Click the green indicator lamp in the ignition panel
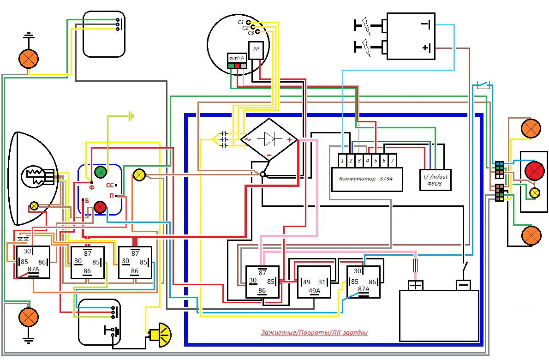tap(101, 173)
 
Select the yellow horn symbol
tap(161, 333)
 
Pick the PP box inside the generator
tap(256, 49)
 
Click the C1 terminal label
tap(240, 22)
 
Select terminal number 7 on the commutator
tap(392, 161)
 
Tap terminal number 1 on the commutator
tap(342, 161)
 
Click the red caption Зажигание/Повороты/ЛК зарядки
tap(314, 332)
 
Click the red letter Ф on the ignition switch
tap(91, 187)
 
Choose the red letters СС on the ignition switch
tap(110, 185)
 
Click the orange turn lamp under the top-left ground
tap(27, 59)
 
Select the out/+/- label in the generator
tap(237, 58)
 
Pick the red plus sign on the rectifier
tap(289, 139)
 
